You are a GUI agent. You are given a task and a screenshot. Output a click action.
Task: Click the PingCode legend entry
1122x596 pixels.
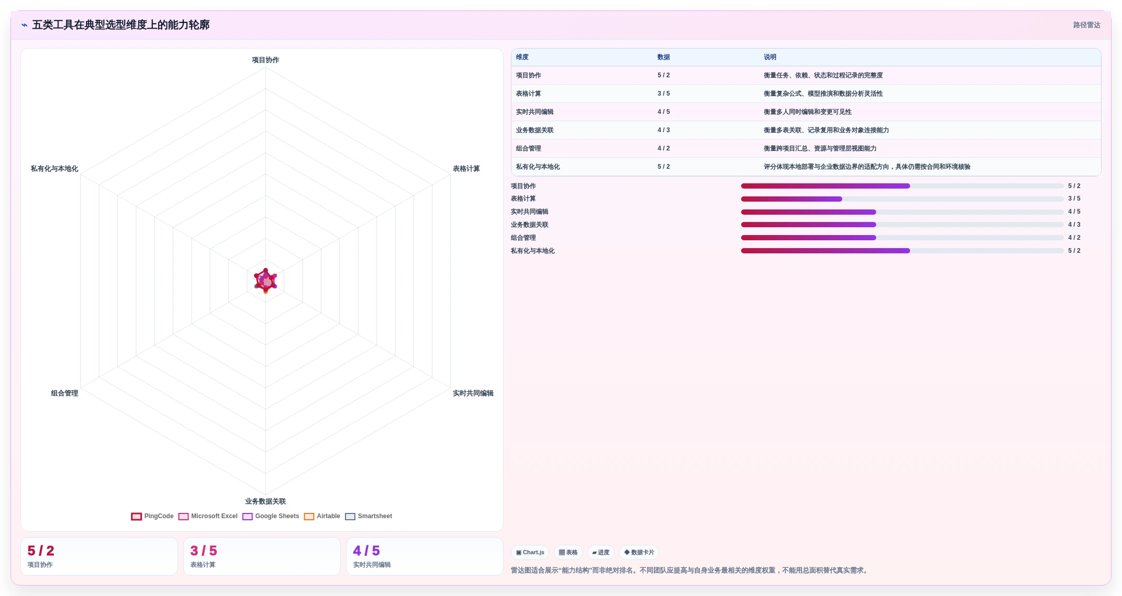(x=152, y=516)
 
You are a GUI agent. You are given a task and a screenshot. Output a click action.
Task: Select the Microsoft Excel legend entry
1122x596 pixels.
(x=208, y=516)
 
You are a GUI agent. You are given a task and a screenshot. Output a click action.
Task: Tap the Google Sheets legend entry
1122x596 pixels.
(x=271, y=516)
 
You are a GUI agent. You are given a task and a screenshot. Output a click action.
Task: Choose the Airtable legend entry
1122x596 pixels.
(x=322, y=516)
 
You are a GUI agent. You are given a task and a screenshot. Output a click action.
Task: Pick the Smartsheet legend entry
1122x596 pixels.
(x=368, y=516)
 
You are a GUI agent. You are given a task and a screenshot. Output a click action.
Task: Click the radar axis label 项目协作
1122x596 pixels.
(x=266, y=60)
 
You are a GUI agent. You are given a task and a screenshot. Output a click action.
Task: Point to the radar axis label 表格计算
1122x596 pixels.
(x=467, y=169)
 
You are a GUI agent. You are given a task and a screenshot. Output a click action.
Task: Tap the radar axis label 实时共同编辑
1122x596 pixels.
(x=473, y=393)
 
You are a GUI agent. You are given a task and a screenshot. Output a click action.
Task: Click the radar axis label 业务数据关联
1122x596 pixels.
(x=266, y=501)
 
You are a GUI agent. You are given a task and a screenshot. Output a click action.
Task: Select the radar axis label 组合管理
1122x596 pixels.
(x=65, y=393)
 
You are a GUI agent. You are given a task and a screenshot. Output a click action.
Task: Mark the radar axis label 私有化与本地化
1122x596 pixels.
(x=54, y=169)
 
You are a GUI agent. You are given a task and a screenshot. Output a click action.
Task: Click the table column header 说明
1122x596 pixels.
(x=770, y=57)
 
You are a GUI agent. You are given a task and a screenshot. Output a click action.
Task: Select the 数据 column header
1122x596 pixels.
(x=664, y=57)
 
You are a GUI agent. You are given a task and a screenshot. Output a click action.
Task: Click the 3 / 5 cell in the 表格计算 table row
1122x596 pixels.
(x=664, y=94)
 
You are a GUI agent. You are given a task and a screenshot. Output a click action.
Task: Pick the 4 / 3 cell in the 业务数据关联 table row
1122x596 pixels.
(x=664, y=130)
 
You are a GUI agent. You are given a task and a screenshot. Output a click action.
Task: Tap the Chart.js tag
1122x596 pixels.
(x=530, y=552)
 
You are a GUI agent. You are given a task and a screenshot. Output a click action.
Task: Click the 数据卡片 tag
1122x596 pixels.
(x=639, y=552)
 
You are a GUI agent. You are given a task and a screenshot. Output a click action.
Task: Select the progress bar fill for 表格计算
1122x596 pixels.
(x=792, y=199)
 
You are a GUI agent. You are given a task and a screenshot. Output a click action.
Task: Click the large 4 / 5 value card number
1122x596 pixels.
(x=366, y=551)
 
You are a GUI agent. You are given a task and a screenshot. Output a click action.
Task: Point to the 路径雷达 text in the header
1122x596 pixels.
(x=1087, y=25)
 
